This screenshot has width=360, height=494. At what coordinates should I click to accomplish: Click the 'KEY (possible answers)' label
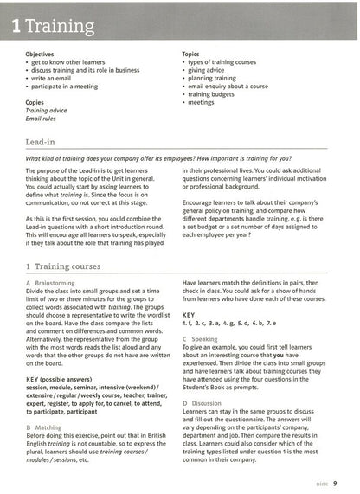click(x=62, y=377)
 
